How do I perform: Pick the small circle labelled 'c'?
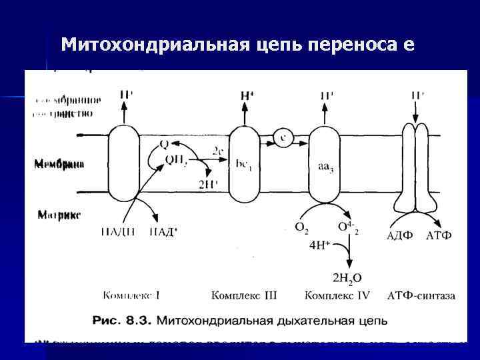[x=283, y=138]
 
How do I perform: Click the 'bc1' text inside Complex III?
[x=244, y=163]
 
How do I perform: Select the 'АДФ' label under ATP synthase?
[x=401, y=235]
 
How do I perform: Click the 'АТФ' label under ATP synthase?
[x=439, y=235]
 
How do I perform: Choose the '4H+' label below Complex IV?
[x=321, y=245]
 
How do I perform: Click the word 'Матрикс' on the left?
[x=59, y=215]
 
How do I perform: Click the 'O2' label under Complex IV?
[x=302, y=227]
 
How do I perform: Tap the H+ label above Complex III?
[x=247, y=96]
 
